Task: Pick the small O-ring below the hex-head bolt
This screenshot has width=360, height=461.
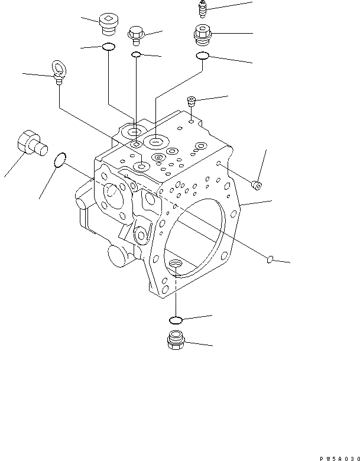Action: tap(137, 54)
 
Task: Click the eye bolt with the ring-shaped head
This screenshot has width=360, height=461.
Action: tap(58, 72)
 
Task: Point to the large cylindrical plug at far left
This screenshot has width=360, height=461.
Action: tap(31, 144)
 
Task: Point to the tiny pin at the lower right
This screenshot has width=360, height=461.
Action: tap(269, 257)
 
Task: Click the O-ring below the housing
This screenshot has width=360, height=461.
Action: tap(176, 320)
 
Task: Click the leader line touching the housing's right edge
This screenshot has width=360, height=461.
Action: tap(258, 203)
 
